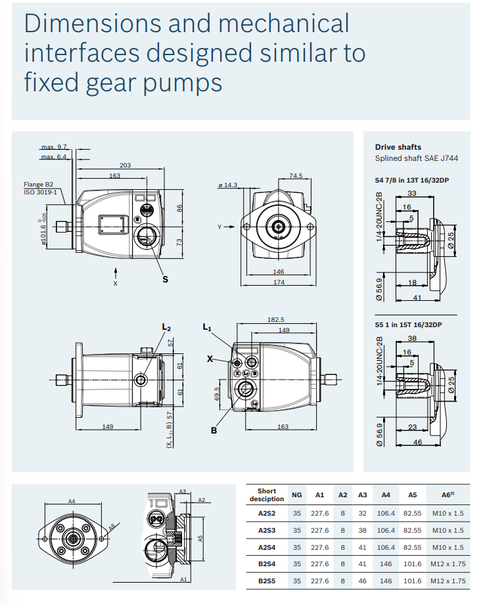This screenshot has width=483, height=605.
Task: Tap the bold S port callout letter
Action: [x=165, y=279]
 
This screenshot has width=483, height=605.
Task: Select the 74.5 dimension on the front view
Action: [x=296, y=175]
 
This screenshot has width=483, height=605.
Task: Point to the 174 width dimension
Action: [x=279, y=282]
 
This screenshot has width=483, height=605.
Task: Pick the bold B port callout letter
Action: [x=214, y=431]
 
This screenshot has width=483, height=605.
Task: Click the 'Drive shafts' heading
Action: [x=398, y=147]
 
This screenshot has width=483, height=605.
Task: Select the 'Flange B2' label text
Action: [x=38, y=185]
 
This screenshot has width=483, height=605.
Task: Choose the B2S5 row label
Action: [x=267, y=581]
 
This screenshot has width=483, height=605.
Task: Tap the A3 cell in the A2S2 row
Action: [x=363, y=513]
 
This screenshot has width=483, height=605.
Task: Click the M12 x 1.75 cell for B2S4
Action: [x=448, y=564]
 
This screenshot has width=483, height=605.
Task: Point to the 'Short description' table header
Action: [x=267, y=495]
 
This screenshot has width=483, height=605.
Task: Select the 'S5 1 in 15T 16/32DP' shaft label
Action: [x=408, y=325]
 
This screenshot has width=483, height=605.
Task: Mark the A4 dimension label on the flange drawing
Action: [x=72, y=501]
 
